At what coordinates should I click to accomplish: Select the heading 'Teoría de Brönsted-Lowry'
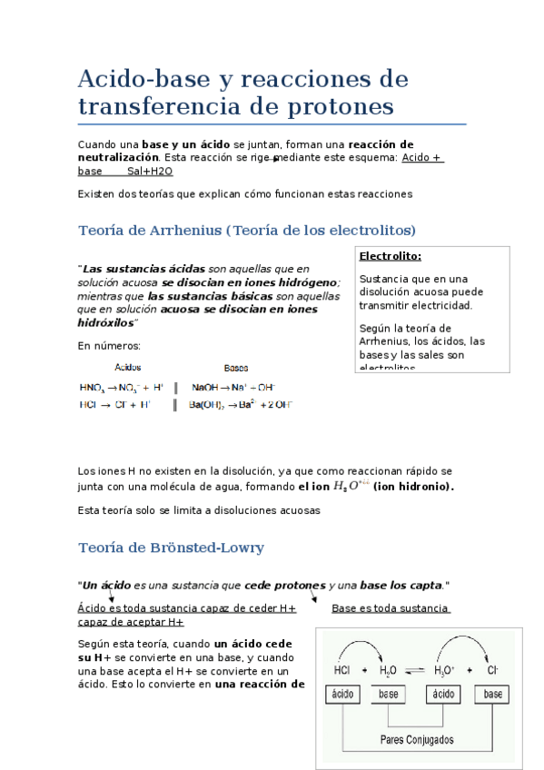coord(172,548)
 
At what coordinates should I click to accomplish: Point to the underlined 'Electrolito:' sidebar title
coord(391,256)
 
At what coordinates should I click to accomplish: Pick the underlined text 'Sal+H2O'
coord(150,171)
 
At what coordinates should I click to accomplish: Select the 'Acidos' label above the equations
coord(127,368)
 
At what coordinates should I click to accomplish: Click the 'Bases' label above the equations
coord(236,368)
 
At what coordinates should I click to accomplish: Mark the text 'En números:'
coord(109,345)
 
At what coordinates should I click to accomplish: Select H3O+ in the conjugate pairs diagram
coord(444,670)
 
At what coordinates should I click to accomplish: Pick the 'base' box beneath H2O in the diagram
coord(390,695)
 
